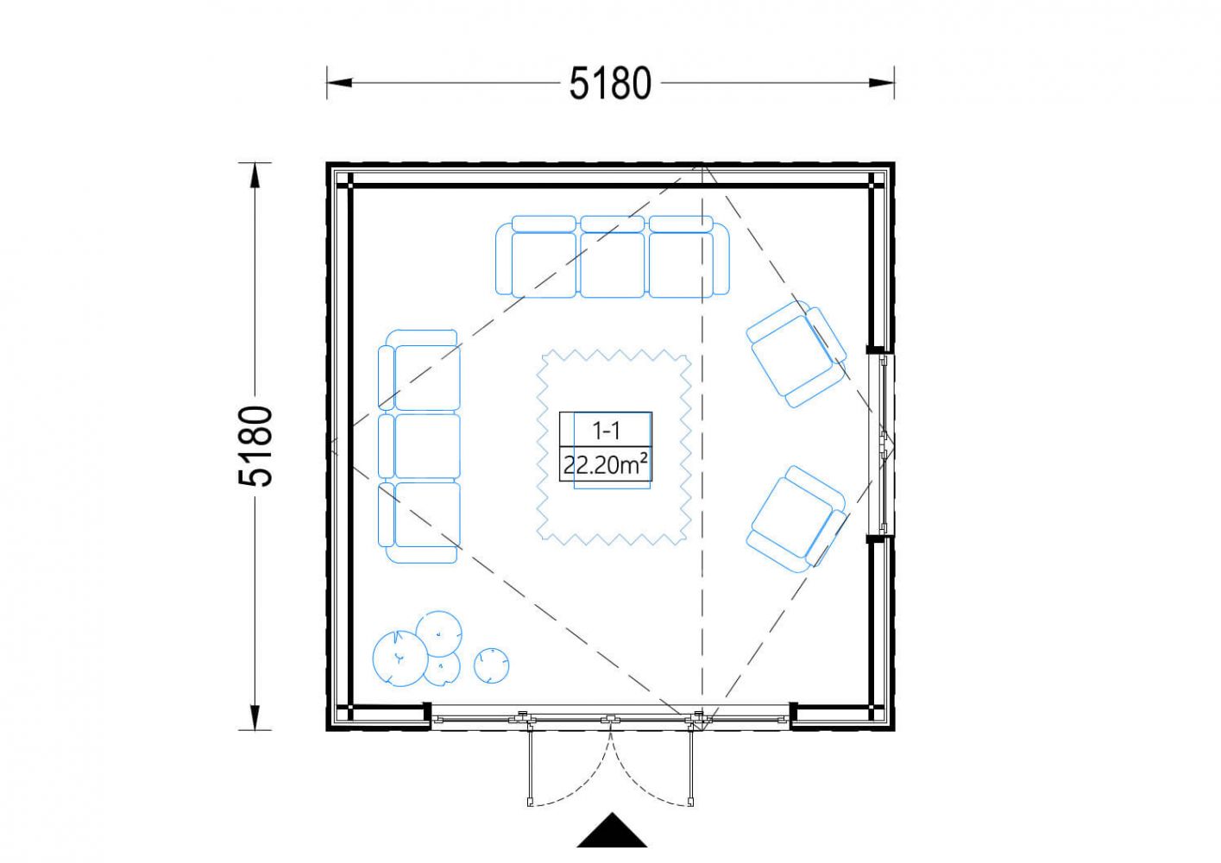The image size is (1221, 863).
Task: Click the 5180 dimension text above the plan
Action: coord(611,84)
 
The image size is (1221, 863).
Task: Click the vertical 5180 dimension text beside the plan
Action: coord(255,446)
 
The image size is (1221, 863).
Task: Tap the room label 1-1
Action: coord(606,431)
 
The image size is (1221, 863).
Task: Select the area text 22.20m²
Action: coord(606,465)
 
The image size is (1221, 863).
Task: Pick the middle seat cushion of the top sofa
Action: coord(612,265)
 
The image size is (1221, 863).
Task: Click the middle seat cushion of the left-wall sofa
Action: coord(427,446)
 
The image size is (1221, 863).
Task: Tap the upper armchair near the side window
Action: coord(796,354)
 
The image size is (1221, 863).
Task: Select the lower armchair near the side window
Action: coord(796,519)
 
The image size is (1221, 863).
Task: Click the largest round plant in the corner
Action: coord(400,658)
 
